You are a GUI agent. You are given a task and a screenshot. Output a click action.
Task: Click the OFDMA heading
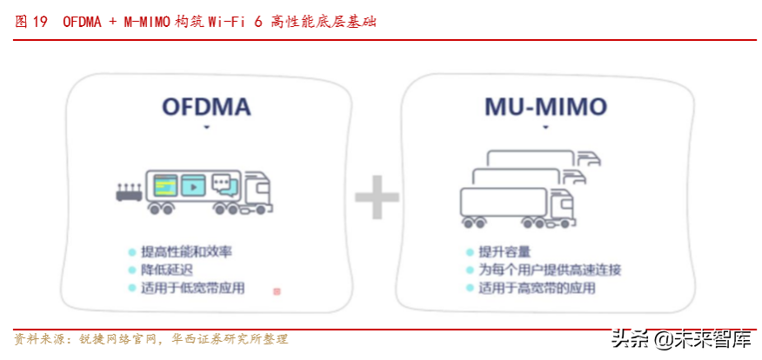click(206, 107)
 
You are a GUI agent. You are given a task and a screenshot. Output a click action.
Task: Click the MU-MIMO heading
click(545, 107)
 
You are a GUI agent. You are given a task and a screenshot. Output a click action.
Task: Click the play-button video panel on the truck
click(192, 185)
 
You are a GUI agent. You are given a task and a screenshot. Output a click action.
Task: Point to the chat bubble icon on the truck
click(224, 184)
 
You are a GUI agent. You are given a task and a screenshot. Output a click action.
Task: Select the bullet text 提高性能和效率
click(186, 252)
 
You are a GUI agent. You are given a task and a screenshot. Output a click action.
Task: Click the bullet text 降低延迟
click(161, 270)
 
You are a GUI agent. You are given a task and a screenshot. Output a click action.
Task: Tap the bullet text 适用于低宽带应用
click(192, 288)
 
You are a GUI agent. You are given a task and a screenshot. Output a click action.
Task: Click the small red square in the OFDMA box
click(277, 291)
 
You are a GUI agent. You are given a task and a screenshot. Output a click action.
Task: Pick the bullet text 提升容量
click(505, 252)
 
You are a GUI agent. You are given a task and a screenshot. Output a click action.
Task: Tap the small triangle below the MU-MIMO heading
click(545, 127)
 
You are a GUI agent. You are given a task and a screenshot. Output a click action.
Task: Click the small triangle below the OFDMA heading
click(206, 127)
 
